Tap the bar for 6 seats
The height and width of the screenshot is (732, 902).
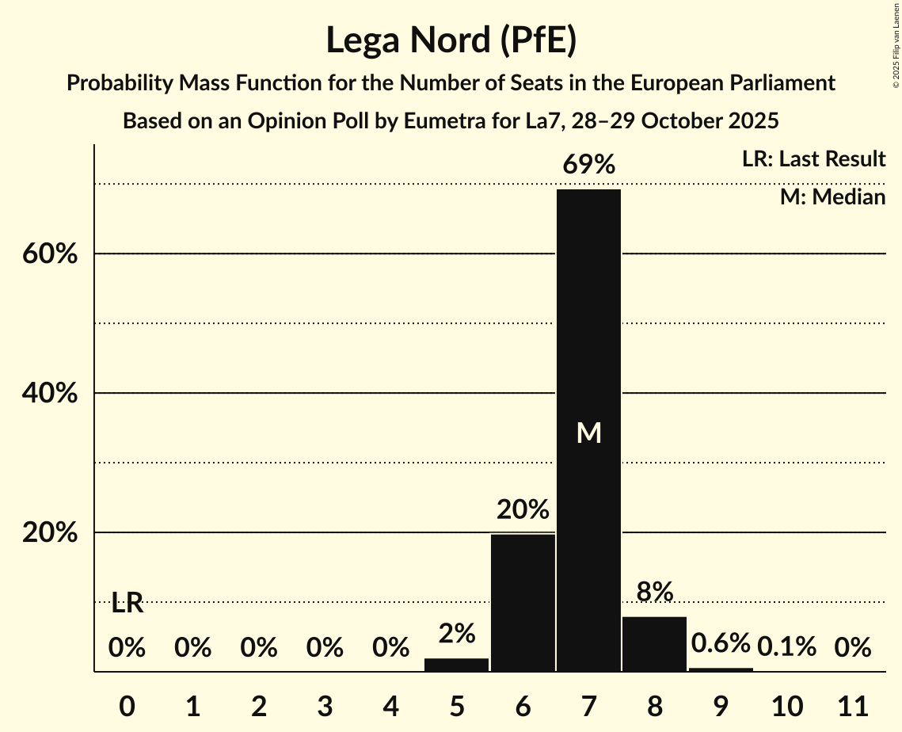[523, 603]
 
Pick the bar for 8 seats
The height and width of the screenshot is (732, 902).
[654, 644]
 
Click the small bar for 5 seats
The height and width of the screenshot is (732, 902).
[457, 665]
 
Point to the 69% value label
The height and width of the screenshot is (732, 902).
[588, 166]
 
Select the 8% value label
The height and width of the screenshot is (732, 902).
[654, 592]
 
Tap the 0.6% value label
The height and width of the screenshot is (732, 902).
[720, 643]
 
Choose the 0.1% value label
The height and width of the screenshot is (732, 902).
[786, 647]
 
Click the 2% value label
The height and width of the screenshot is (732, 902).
[457, 634]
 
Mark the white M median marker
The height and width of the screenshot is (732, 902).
[588, 433]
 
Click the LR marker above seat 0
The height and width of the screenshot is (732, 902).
[127, 604]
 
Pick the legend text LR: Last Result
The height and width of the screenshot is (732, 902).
[813, 159]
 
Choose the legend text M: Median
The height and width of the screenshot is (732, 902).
[832, 196]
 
